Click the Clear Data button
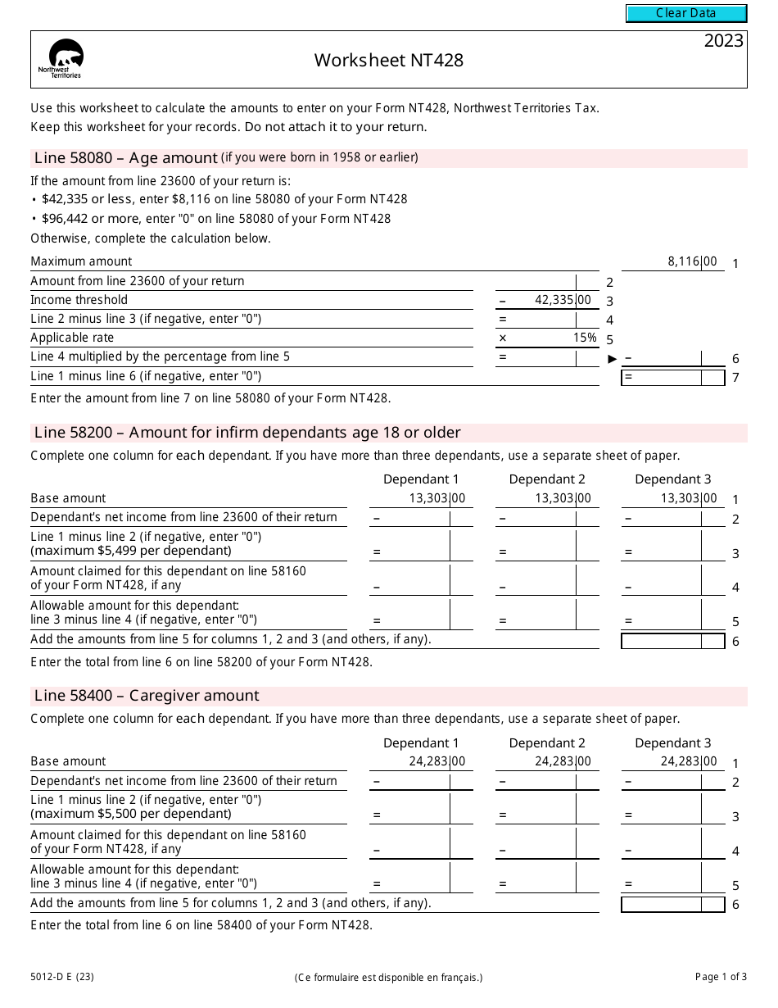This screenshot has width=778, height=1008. (686, 13)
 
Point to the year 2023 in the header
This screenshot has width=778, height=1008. (723, 41)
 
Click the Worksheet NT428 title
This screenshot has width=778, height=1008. (389, 60)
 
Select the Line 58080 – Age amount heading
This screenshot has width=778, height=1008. (126, 158)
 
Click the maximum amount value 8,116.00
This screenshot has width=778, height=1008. (692, 261)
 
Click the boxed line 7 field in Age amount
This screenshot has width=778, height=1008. (672, 378)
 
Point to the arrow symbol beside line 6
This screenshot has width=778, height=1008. (613, 358)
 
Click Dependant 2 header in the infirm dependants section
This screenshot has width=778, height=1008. (547, 479)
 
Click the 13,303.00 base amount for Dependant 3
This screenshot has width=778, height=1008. (689, 498)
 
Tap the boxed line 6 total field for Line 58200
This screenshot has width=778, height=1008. (672, 641)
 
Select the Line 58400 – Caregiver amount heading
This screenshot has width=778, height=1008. (147, 696)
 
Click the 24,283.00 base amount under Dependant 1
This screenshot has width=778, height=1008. (436, 761)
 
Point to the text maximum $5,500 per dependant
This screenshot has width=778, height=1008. (131, 814)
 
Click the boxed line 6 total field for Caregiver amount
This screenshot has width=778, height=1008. (672, 905)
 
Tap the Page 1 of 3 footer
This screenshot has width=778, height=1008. (721, 976)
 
